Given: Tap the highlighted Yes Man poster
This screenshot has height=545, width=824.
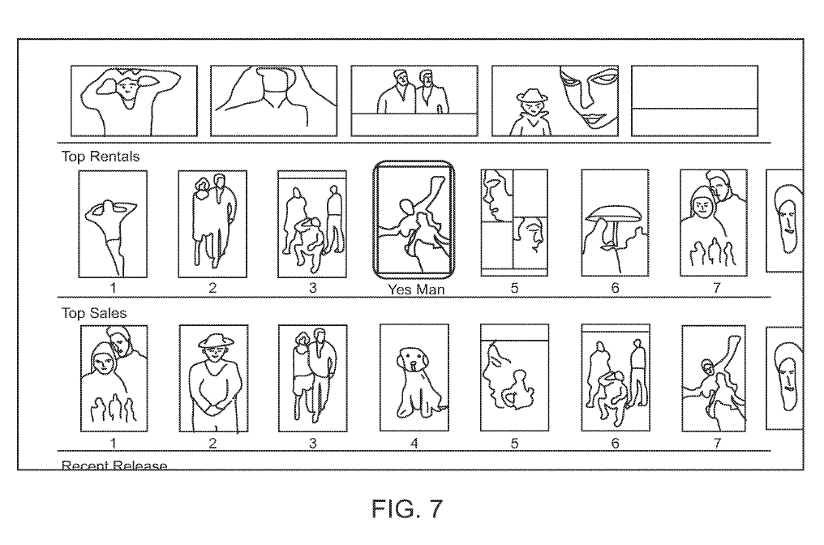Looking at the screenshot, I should click(x=414, y=220).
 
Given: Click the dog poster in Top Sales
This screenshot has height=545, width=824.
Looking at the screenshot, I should click(x=414, y=378).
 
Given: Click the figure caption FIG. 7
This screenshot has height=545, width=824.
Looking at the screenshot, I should click(x=411, y=509).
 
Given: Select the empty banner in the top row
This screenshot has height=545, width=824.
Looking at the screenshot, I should click(x=694, y=101).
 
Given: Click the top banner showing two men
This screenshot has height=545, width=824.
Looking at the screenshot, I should click(x=414, y=101).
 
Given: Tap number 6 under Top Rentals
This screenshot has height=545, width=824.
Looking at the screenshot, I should click(x=615, y=288).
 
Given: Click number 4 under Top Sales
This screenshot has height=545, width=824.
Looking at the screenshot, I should click(x=414, y=443).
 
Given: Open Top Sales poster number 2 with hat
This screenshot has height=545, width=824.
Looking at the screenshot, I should click(x=213, y=378).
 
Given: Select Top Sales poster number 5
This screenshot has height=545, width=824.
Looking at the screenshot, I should click(x=514, y=378).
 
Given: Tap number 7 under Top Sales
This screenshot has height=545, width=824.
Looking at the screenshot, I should click(x=715, y=443).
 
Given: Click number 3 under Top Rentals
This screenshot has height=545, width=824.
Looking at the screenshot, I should click(x=312, y=288).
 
